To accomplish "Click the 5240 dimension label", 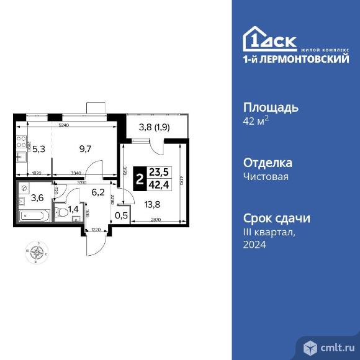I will pyautogui.click(x=63, y=125).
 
